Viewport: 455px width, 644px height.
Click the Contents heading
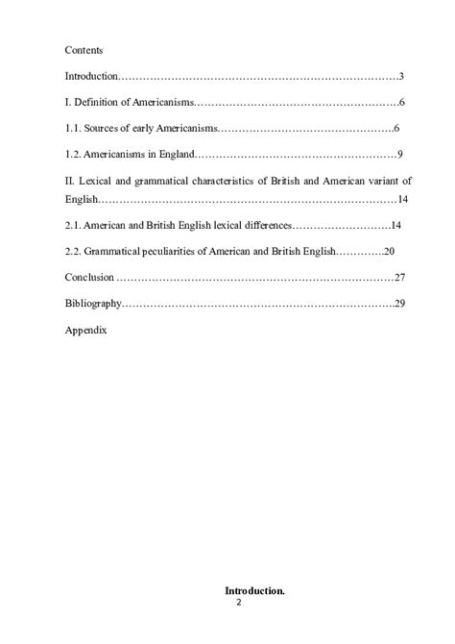[x=84, y=49]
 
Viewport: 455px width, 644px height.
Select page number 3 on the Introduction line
[x=400, y=76]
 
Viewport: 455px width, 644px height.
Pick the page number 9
[x=399, y=154]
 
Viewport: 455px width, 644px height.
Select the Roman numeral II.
[x=69, y=181]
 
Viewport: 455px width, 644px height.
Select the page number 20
[x=389, y=251]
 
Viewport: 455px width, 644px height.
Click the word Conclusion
[x=88, y=278]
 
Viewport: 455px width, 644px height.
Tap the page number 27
[x=400, y=278]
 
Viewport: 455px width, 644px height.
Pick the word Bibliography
[x=92, y=304]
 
